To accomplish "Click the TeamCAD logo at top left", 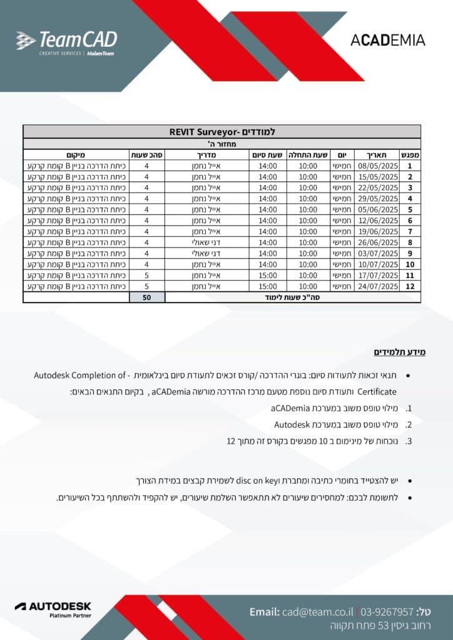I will [x=66, y=42].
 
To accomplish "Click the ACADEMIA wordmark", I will [x=387, y=41].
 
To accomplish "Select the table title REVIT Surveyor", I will [x=222, y=132].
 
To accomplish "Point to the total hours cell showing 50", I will [x=146, y=297].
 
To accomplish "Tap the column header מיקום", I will [x=76, y=154].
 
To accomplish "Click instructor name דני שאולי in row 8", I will [x=207, y=242].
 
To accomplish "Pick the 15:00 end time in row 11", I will [x=268, y=275].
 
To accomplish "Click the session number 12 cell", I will [x=410, y=286].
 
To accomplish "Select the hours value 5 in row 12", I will [x=146, y=286].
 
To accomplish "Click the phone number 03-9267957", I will [x=387, y=611].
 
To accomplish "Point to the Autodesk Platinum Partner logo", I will [x=53, y=610].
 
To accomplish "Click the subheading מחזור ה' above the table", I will [x=222, y=143].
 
